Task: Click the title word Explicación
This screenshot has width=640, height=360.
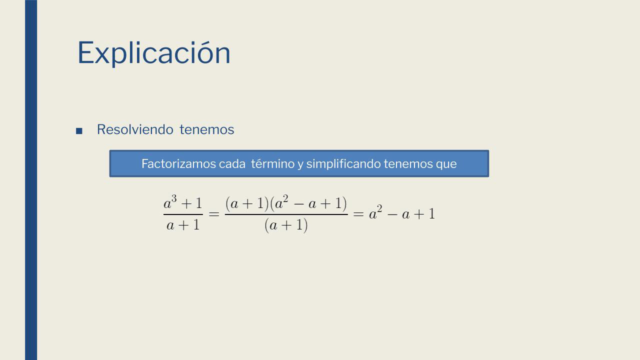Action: tap(153, 53)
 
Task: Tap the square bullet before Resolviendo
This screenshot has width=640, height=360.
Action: tap(79, 131)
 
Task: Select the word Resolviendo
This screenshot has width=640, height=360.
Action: tap(135, 129)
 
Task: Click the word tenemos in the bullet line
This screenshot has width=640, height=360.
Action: tap(207, 129)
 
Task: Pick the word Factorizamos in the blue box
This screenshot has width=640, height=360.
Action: tap(178, 164)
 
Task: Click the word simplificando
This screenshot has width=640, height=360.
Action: tap(343, 164)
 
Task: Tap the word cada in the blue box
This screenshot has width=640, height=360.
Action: tap(232, 164)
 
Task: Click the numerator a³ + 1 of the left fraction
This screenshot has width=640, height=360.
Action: tap(183, 202)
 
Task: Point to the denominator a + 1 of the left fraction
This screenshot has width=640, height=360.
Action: tap(183, 225)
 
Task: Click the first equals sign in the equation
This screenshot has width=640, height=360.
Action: tap(214, 214)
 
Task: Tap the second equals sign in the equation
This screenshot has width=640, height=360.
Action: tap(358, 214)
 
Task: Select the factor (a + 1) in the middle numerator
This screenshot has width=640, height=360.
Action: tap(247, 203)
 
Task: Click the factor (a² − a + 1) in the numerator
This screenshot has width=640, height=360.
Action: tap(308, 203)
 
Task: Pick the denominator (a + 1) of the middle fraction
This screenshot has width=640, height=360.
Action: tap(286, 225)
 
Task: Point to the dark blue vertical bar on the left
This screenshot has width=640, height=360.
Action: tap(31, 180)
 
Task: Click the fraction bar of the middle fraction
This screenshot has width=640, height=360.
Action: tap(286, 214)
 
